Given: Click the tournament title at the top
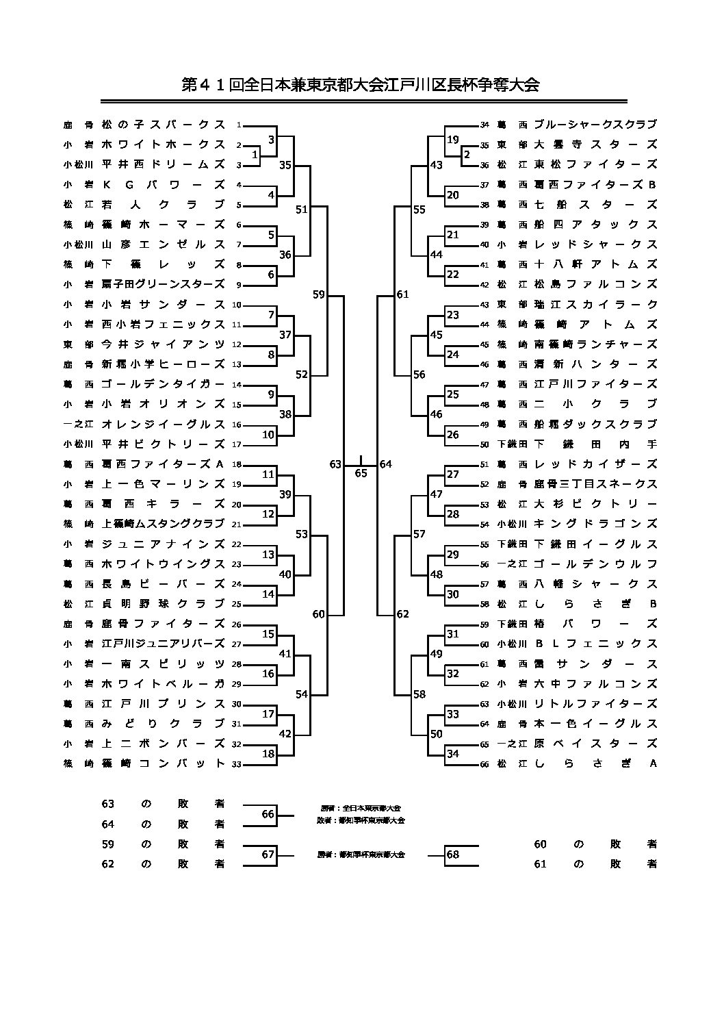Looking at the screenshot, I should (x=361, y=85).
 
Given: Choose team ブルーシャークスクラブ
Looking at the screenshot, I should (x=595, y=125).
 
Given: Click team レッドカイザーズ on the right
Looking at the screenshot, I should (x=595, y=464).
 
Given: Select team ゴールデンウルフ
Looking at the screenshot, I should (x=595, y=564).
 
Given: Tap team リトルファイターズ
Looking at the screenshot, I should (x=595, y=704).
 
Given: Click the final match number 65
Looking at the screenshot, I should (x=361, y=473).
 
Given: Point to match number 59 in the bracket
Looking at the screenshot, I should (x=318, y=295).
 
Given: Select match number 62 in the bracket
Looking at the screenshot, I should (x=403, y=614).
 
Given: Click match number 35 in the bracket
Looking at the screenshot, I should (x=285, y=165).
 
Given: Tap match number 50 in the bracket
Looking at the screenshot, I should (x=437, y=734).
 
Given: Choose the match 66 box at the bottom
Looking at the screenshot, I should (x=268, y=814).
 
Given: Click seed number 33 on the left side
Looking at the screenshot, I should (x=237, y=764).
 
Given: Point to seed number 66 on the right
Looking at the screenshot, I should (x=484, y=764).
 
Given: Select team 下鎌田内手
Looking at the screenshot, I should (x=595, y=444).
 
